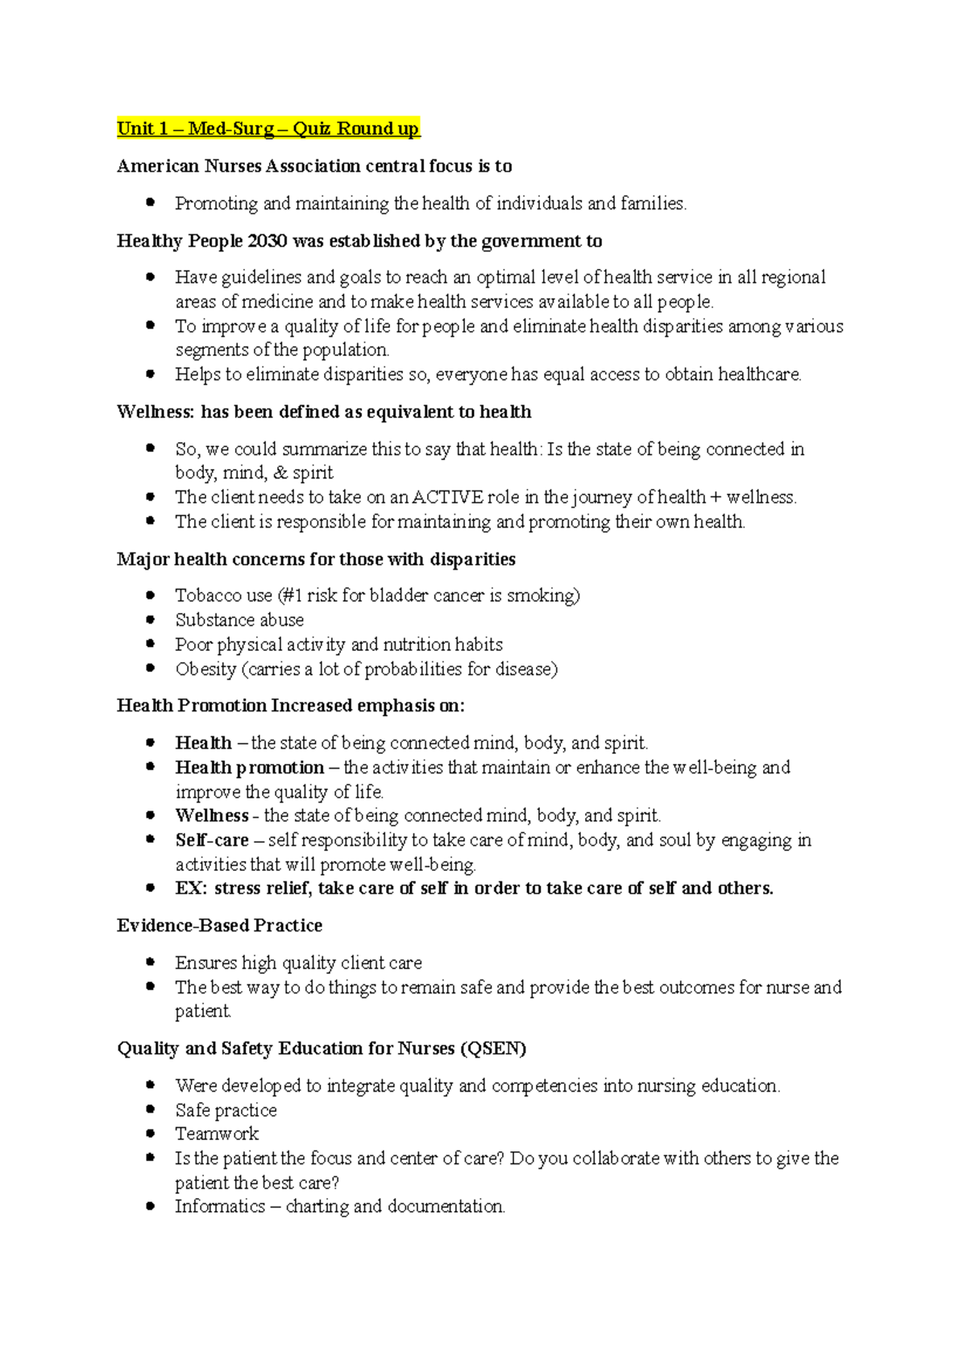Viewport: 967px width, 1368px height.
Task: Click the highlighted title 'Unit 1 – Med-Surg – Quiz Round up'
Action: tap(268, 129)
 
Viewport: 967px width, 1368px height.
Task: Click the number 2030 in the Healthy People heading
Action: tap(268, 241)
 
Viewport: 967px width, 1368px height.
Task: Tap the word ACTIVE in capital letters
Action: tap(447, 497)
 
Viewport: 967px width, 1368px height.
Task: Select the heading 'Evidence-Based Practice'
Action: tap(219, 926)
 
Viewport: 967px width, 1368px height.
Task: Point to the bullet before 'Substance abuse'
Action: tap(150, 620)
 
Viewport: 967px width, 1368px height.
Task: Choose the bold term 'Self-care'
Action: tap(212, 840)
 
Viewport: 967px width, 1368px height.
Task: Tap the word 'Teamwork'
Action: tap(217, 1134)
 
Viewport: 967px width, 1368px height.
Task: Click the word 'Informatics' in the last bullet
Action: tap(220, 1207)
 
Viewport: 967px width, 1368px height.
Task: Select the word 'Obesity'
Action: tap(205, 669)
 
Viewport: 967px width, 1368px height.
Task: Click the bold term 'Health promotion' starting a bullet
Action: tap(250, 767)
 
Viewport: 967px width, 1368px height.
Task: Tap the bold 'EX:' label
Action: tap(191, 889)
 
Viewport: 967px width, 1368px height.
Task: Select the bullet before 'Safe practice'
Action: tap(150, 1109)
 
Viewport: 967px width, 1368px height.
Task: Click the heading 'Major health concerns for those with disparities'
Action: tap(316, 559)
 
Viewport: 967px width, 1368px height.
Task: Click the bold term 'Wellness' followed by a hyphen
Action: tap(211, 815)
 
